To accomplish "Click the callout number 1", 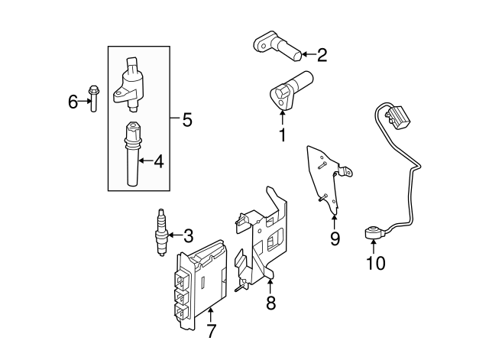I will pos(282,137).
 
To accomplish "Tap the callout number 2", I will pos(322,54).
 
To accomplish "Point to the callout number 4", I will pos(159,161).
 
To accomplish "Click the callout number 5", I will pos(186,119).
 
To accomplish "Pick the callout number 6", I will pos(73,101).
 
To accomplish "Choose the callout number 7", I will pos(212,331).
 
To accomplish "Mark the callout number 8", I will pos(270,303).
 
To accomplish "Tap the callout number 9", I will pos(335,239).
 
